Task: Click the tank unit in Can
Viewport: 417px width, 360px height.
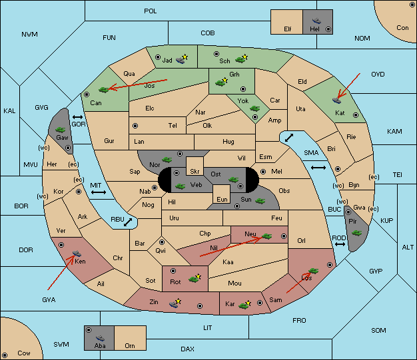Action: tap(104, 90)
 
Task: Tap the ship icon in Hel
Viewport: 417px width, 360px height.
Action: tap(316, 21)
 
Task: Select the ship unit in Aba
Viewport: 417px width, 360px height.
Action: tap(100, 338)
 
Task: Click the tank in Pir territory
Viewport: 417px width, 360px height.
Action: tap(356, 233)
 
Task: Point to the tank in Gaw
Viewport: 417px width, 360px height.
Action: tap(61, 130)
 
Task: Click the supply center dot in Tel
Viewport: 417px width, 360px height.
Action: tap(135, 126)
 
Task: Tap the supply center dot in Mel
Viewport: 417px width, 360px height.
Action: tap(263, 172)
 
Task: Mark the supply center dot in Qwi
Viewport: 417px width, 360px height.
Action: tap(162, 242)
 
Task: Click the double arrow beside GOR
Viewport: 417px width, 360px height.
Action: tap(78, 117)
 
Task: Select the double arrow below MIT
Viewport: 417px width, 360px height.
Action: tap(99, 192)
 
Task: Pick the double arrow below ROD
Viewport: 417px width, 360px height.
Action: tap(340, 244)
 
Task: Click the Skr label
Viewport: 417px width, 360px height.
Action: tap(195, 172)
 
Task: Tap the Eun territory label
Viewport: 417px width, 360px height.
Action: tap(222, 199)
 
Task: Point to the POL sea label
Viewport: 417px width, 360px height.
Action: tap(151, 11)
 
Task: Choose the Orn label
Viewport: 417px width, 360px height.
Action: tap(130, 345)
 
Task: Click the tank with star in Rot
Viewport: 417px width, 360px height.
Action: tap(195, 278)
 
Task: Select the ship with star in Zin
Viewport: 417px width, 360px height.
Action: tap(175, 303)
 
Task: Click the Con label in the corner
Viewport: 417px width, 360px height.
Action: tap(402, 28)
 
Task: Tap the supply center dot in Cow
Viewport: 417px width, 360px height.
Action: tap(5, 355)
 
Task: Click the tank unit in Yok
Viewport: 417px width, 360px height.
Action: tap(254, 108)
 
